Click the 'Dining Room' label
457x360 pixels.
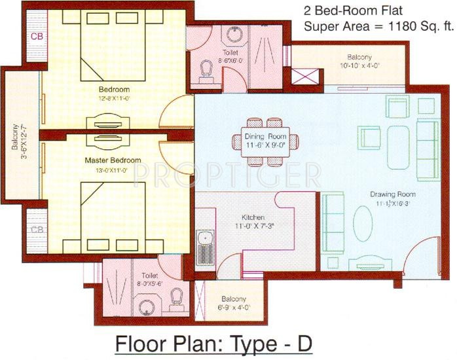point(265,138)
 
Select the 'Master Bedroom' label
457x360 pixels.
point(113,160)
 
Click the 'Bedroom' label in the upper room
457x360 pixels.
point(114,89)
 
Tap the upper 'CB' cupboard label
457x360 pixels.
point(37,36)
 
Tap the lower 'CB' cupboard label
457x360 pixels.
point(37,229)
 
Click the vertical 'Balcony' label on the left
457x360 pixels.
point(15,135)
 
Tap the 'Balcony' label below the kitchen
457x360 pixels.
point(233,297)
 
